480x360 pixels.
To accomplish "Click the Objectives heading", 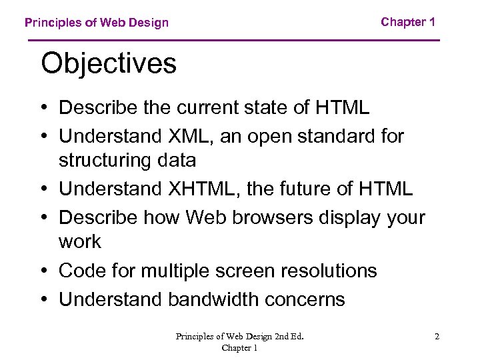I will click(109, 64).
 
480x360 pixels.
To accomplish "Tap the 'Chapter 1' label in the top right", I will click(408, 22).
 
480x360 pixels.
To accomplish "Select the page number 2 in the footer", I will click(437, 337).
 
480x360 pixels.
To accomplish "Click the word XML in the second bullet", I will click(185, 136).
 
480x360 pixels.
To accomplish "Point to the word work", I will click(80, 241).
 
